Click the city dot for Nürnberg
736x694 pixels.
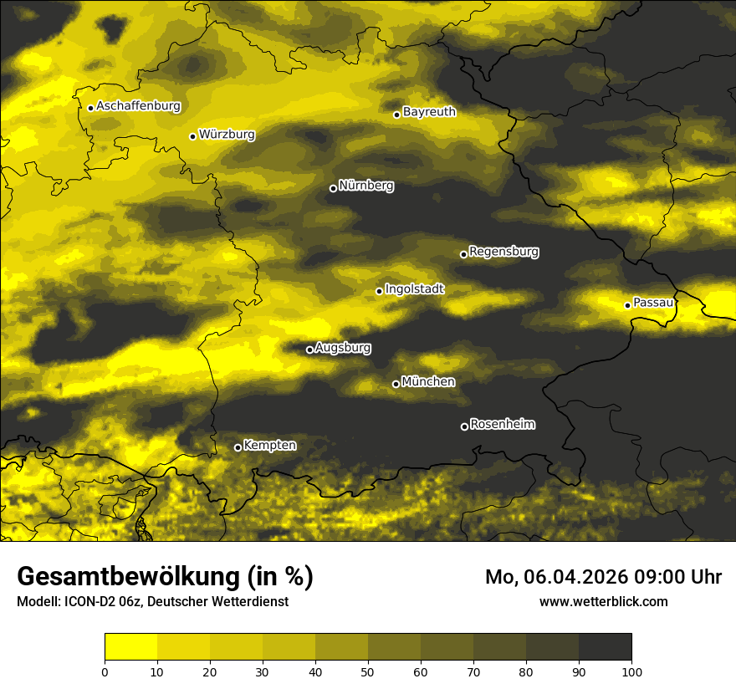point(333,188)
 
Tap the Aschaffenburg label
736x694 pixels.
point(138,106)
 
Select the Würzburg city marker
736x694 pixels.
point(192,136)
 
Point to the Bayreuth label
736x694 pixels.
point(429,111)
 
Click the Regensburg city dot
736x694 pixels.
point(463,254)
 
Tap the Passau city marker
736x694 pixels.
point(627,305)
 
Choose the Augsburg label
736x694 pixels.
point(343,347)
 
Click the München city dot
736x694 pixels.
point(396,385)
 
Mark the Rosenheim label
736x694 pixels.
point(502,424)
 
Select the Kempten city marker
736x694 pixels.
point(238,447)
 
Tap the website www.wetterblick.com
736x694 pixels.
point(603,601)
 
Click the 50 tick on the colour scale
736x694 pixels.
point(368,671)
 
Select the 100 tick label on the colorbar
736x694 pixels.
point(631,671)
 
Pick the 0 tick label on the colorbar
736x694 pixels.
point(105,671)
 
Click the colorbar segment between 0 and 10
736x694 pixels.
point(130,647)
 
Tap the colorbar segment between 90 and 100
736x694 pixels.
point(605,647)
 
